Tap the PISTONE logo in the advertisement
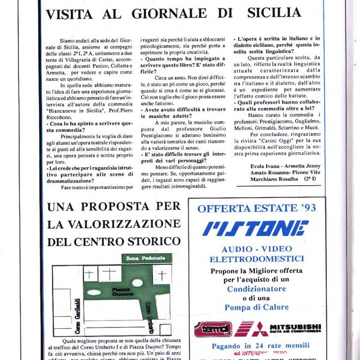(256, 228)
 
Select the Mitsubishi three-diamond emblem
(250, 328)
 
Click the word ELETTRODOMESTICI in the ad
(256, 259)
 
